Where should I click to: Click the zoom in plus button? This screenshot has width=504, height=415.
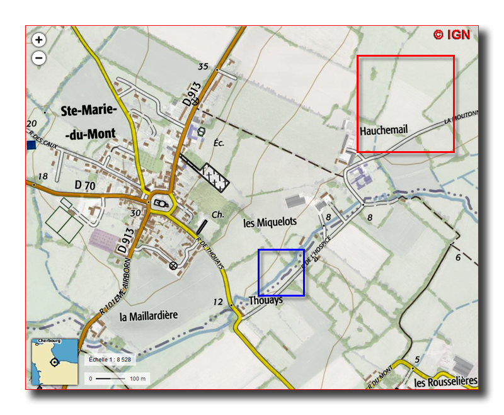(39, 40)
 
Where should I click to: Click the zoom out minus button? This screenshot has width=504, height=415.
(39, 58)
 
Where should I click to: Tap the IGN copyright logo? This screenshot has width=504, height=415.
(452, 35)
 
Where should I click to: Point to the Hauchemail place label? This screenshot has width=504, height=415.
(384, 130)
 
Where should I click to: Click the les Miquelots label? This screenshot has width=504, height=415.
(270, 222)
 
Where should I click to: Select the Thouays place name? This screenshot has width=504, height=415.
(265, 301)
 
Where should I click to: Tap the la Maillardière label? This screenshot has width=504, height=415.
(149, 315)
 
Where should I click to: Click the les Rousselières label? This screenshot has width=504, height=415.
(445, 382)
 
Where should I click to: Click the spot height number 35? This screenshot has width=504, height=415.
(203, 67)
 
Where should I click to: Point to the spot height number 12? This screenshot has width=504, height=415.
(218, 302)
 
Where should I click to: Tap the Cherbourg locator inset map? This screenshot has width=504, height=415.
(55, 361)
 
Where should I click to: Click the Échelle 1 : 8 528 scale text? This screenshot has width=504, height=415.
(110, 360)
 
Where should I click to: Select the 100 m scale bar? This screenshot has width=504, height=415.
(117, 378)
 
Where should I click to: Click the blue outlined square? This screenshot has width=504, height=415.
(282, 273)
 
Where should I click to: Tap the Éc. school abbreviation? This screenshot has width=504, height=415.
(219, 142)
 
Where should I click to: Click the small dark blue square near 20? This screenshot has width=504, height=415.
(31, 145)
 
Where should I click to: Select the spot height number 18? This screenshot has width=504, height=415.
(43, 176)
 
